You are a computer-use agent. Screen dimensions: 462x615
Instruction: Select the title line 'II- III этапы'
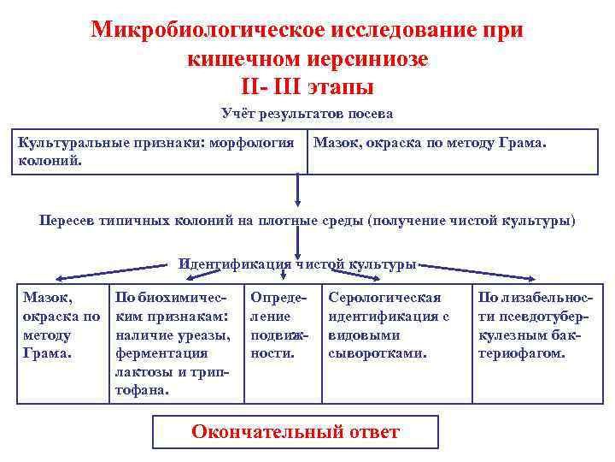pyautogui.click(x=307, y=86)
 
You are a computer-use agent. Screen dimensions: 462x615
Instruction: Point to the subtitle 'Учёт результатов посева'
pyautogui.click(x=307, y=113)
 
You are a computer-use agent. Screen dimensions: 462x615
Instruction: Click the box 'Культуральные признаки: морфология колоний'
pyautogui.click(x=158, y=151)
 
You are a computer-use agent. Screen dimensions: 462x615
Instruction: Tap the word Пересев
pyautogui.click(x=70, y=220)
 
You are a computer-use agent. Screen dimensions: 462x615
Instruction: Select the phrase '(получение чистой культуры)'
pyautogui.click(x=471, y=220)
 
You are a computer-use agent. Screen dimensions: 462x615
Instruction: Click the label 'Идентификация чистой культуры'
pyautogui.click(x=296, y=264)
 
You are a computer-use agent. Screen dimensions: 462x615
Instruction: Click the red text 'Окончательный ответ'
pyautogui.click(x=295, y=431)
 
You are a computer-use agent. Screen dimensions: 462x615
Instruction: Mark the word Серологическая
pyautogui.click(x=384, y=298)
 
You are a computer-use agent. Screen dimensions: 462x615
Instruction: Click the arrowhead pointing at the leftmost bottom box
pyautogui.click(x=60, y=277)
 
